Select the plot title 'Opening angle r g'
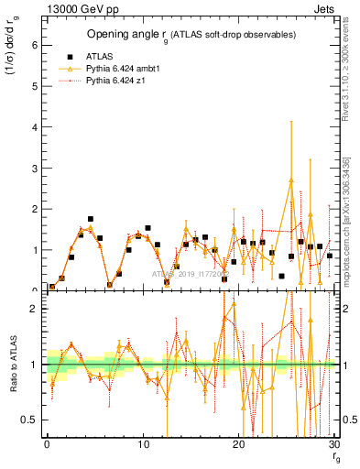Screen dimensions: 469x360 coord(191,35)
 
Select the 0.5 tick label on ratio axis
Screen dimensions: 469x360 coord(30,420)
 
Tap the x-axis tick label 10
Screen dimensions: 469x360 coord(143,443)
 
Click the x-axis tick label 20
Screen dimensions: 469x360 coord(239,443)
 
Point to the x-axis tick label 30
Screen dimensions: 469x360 coord(334,443)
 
